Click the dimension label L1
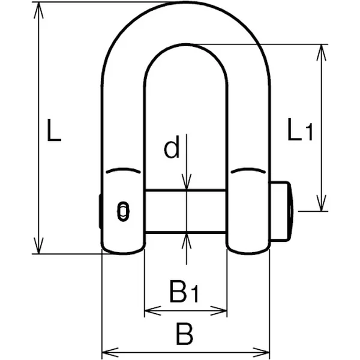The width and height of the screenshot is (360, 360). coord(299,130)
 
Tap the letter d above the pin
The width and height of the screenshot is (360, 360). coord(172,148)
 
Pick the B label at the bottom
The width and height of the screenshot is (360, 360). coord(184,334)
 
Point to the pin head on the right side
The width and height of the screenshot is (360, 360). coord(281,211)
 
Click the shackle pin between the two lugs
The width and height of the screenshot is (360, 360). coord(185,211)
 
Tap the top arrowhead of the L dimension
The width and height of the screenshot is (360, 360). coord(38,8)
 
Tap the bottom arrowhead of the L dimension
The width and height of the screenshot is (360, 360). coord(38,247)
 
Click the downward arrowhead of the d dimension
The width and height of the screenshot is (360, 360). coord(187,183)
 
